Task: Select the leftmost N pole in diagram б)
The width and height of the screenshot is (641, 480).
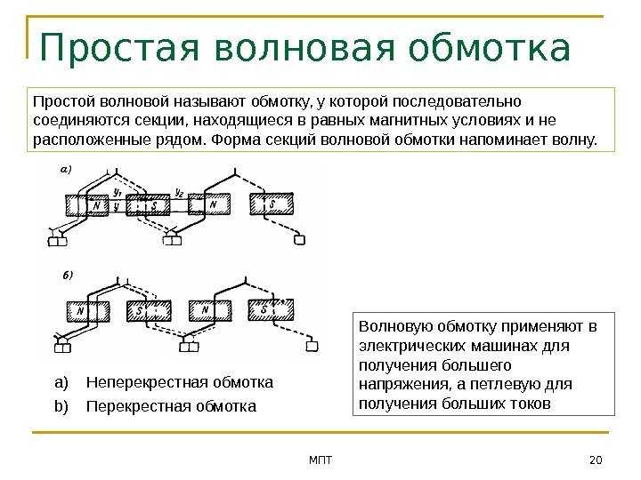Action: coord(82,311)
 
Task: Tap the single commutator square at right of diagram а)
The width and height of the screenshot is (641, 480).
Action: coord(300,239)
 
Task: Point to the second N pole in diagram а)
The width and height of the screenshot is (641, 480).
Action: coord(212,205)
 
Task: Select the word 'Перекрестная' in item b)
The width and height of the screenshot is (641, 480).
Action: coord(126,406)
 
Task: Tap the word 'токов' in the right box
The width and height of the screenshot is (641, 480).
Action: coord(531,404)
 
